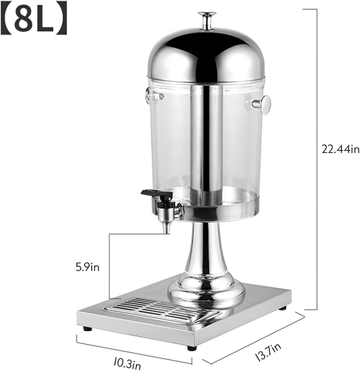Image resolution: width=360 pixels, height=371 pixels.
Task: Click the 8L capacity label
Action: [35, 19]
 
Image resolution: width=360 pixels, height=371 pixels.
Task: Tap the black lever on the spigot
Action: [154, 194]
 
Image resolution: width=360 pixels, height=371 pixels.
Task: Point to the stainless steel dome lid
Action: [206, 56]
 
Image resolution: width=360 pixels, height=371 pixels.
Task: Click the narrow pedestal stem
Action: [206, 249]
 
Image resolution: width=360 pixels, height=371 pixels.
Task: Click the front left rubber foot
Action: [87, 328]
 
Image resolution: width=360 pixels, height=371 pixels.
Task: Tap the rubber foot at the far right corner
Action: [283, 308]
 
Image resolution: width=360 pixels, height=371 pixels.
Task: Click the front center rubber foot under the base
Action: [191, 348]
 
